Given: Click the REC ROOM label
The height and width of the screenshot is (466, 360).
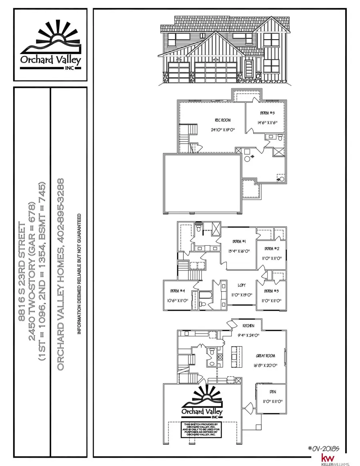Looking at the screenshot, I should point(223,120).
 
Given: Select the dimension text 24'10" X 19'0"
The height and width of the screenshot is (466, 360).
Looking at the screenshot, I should point(223,129).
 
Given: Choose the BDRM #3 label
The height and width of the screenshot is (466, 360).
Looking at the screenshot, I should point(271,291).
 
